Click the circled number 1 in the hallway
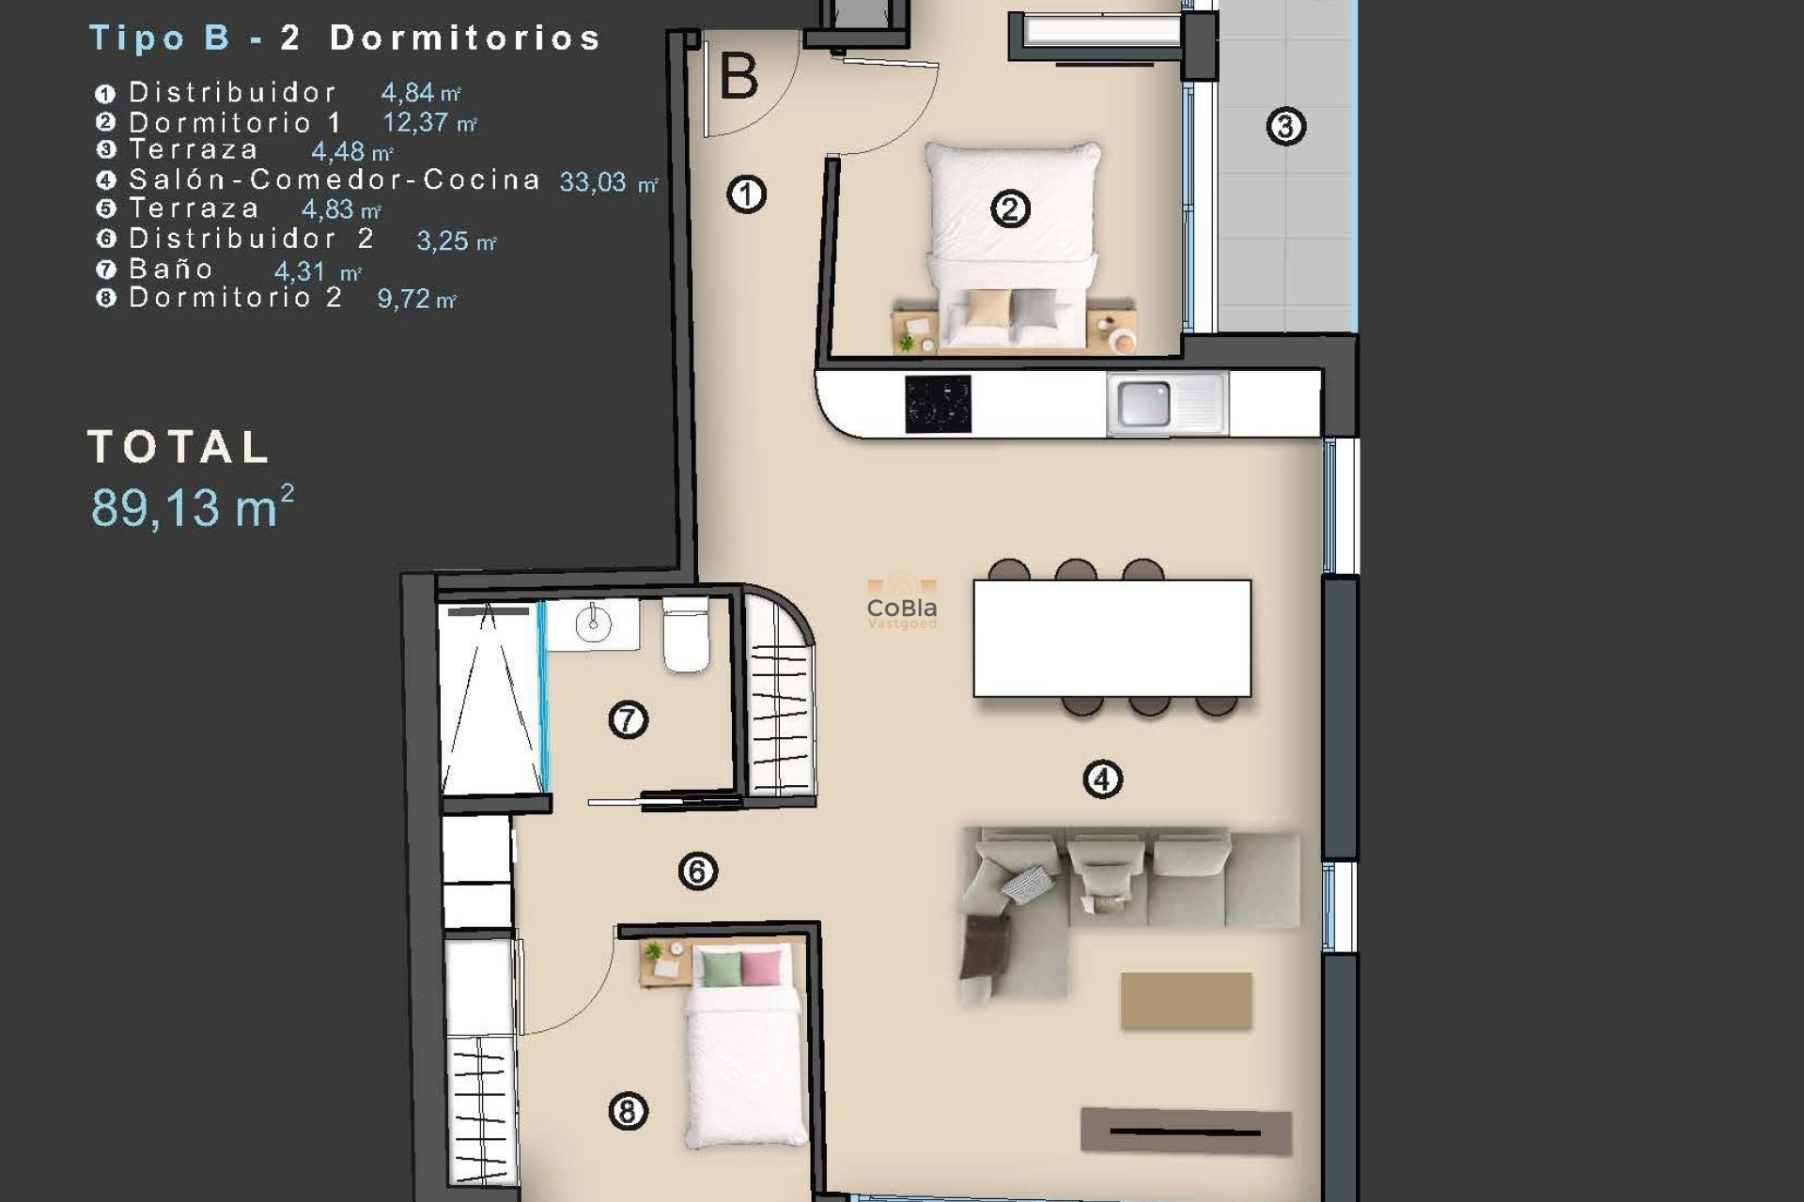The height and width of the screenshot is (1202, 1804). point(746,194)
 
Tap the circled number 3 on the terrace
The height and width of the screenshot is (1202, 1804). point(1285,126)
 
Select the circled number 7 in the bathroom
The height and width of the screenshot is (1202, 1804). point(628,720)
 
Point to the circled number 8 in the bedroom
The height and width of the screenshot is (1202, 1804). point(628,1111)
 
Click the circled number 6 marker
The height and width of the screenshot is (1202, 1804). point(697,871)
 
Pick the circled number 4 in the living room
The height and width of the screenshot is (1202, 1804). point(1102,778)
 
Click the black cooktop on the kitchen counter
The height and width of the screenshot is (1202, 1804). point(938,404)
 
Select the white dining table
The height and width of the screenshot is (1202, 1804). point(1112,638)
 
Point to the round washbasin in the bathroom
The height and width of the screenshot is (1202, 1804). point(593,624)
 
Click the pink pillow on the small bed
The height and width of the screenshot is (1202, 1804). point(761,968)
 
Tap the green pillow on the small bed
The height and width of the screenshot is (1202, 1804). point(722,968)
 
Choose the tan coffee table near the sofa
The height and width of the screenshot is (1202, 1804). point(1186,1000)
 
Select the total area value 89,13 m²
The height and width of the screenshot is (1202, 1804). point(192,507)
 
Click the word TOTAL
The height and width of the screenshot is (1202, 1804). point(179,447)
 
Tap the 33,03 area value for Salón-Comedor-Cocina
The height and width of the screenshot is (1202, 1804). point(593,182)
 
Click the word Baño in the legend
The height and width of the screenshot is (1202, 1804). point(171,270)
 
